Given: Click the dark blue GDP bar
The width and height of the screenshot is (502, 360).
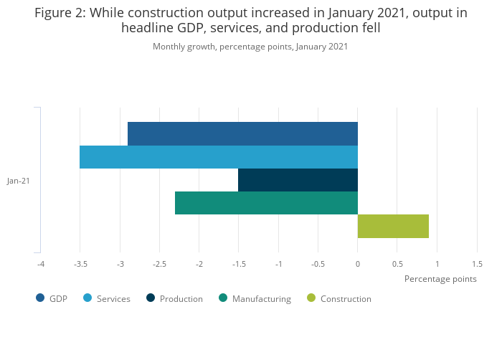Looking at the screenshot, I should [x=242, y=133].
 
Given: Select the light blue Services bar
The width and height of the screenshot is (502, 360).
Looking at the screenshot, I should [x=219, y=156].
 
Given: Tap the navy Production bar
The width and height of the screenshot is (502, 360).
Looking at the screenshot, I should [x=298, y=180].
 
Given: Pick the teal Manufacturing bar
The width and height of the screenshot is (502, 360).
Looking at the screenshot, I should [x=266, y=203].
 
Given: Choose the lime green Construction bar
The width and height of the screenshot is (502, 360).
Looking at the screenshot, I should [x=393, y=226].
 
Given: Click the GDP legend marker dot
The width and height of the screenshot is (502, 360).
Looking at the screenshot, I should [x=40, y=298].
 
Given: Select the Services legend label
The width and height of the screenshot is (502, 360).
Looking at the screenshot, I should [x=113, y=299].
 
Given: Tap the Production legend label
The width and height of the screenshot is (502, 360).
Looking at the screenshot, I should [x=181, y=299].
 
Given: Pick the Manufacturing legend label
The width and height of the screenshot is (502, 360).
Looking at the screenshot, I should [x=261, y=299].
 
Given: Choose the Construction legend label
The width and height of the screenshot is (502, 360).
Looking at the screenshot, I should [x=346, y=299].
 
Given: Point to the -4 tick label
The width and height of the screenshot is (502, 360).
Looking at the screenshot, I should [x=41, y=265].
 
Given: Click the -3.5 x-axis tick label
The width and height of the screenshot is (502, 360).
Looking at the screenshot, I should [x=80, y=265].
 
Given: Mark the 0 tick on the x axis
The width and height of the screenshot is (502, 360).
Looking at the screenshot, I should [x=358, y=265].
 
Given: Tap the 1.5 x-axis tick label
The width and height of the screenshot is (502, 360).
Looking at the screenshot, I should [x=477, y=265].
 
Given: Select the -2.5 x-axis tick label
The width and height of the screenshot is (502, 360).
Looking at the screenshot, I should [x=160, y=265].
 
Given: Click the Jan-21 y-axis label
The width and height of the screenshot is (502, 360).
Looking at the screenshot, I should [x=19, y=181].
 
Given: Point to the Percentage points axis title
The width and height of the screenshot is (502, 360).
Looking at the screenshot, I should [x=440, y=279].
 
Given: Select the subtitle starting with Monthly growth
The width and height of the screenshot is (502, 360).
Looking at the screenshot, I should [x=250, y=47].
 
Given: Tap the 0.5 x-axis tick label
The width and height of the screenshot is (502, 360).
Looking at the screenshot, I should [x=397, y=265].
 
